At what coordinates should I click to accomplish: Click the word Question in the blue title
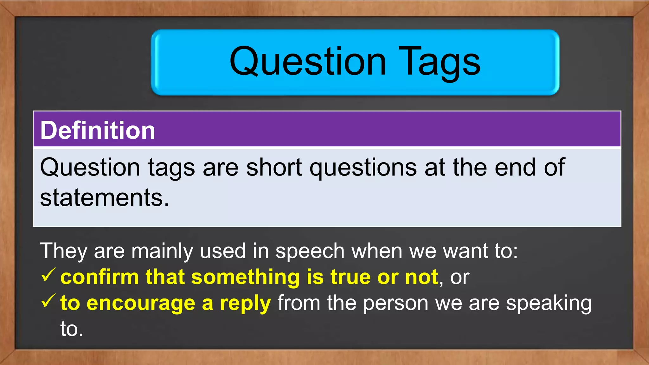click(307, 62)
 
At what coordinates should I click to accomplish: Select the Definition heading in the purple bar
click(98, 130)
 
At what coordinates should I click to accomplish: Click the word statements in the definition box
click(105, 198)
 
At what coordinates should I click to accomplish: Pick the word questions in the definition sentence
click(363, 168)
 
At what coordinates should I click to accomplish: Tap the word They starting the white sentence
click(63, 251)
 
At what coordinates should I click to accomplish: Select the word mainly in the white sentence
click(162, 251)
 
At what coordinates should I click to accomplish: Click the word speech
click(310, 251)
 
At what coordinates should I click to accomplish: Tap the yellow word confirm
click(100, 277)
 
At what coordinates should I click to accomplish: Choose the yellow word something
click(245, 277)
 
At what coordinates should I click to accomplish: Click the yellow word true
click(350, 277)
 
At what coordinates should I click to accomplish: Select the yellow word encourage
click(141, 304)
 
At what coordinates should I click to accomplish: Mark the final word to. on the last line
click(72, 329)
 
